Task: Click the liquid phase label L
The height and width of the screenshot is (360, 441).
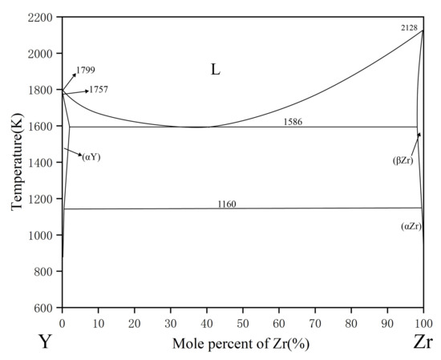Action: pyautogui.click(x=215, y=70)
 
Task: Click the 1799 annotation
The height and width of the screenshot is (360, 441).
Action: pyautogui.click(x=86, y=71)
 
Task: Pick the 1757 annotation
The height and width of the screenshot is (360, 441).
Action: pyautogui.click(x=99, y=89)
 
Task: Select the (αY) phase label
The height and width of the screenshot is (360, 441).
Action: pyautogui.click(x=91, y=157)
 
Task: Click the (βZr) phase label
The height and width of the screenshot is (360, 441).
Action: pyautogui.click(x=402, y=161)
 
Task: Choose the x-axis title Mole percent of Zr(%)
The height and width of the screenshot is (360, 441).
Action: pyautogui.click(x=241, y=344)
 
